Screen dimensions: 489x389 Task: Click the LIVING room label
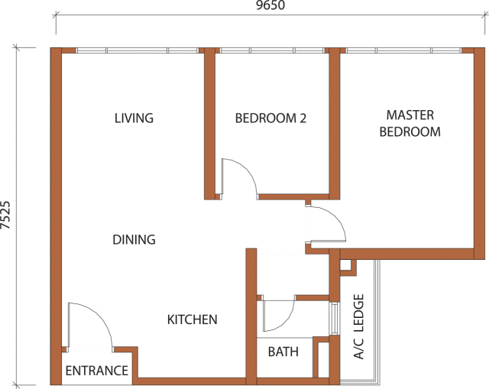(134, 118)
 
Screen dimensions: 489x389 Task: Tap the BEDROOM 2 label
(270, 118)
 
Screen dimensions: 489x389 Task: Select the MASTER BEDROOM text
(410, 124)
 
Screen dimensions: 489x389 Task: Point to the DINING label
(134, 239)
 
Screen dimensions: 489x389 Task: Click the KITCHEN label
(192, 319)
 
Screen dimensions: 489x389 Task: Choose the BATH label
(283, 352)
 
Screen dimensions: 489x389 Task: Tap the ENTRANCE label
(97, 371)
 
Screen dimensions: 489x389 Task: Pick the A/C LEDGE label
(359, 326)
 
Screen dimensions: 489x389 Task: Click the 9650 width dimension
(270, 5)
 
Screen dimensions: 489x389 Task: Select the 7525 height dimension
(5, 216)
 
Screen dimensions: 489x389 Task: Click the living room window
(138, 50)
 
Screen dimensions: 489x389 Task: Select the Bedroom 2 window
(272, 50)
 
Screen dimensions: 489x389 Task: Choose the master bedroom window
(403, 50)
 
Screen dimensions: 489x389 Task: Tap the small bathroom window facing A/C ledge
(335, 319)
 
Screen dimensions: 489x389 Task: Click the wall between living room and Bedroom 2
(209, 124)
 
